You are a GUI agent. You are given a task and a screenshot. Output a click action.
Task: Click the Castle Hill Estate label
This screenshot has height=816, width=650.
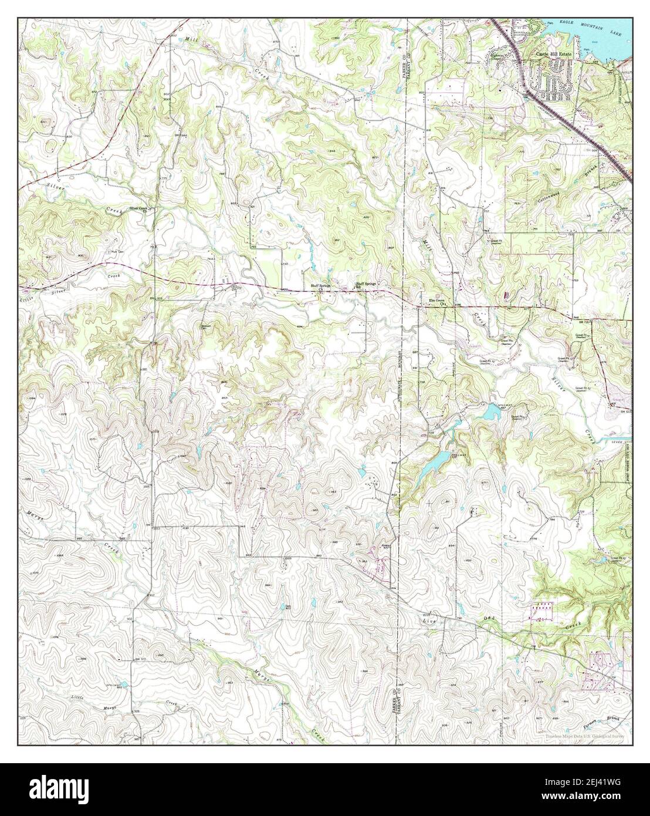pyautogui.click(x=554, y=54)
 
